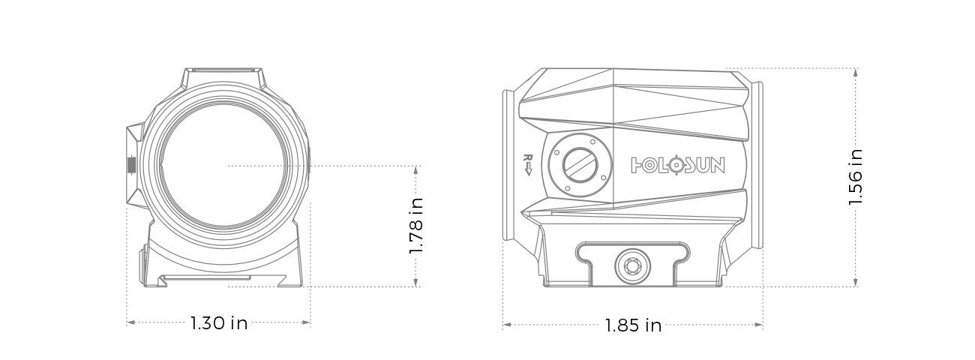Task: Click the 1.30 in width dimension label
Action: pos(218,323)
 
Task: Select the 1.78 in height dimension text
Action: pos(417,225)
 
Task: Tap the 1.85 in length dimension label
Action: pos(633,325)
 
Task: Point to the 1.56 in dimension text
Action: pos(856,177)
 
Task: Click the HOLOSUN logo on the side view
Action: pos(678,165)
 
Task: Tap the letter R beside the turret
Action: pos(527,159)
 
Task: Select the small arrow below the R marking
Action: pos(527,172)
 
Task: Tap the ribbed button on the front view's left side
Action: pos(132,164)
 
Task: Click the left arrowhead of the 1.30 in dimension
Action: pos(130,322)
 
